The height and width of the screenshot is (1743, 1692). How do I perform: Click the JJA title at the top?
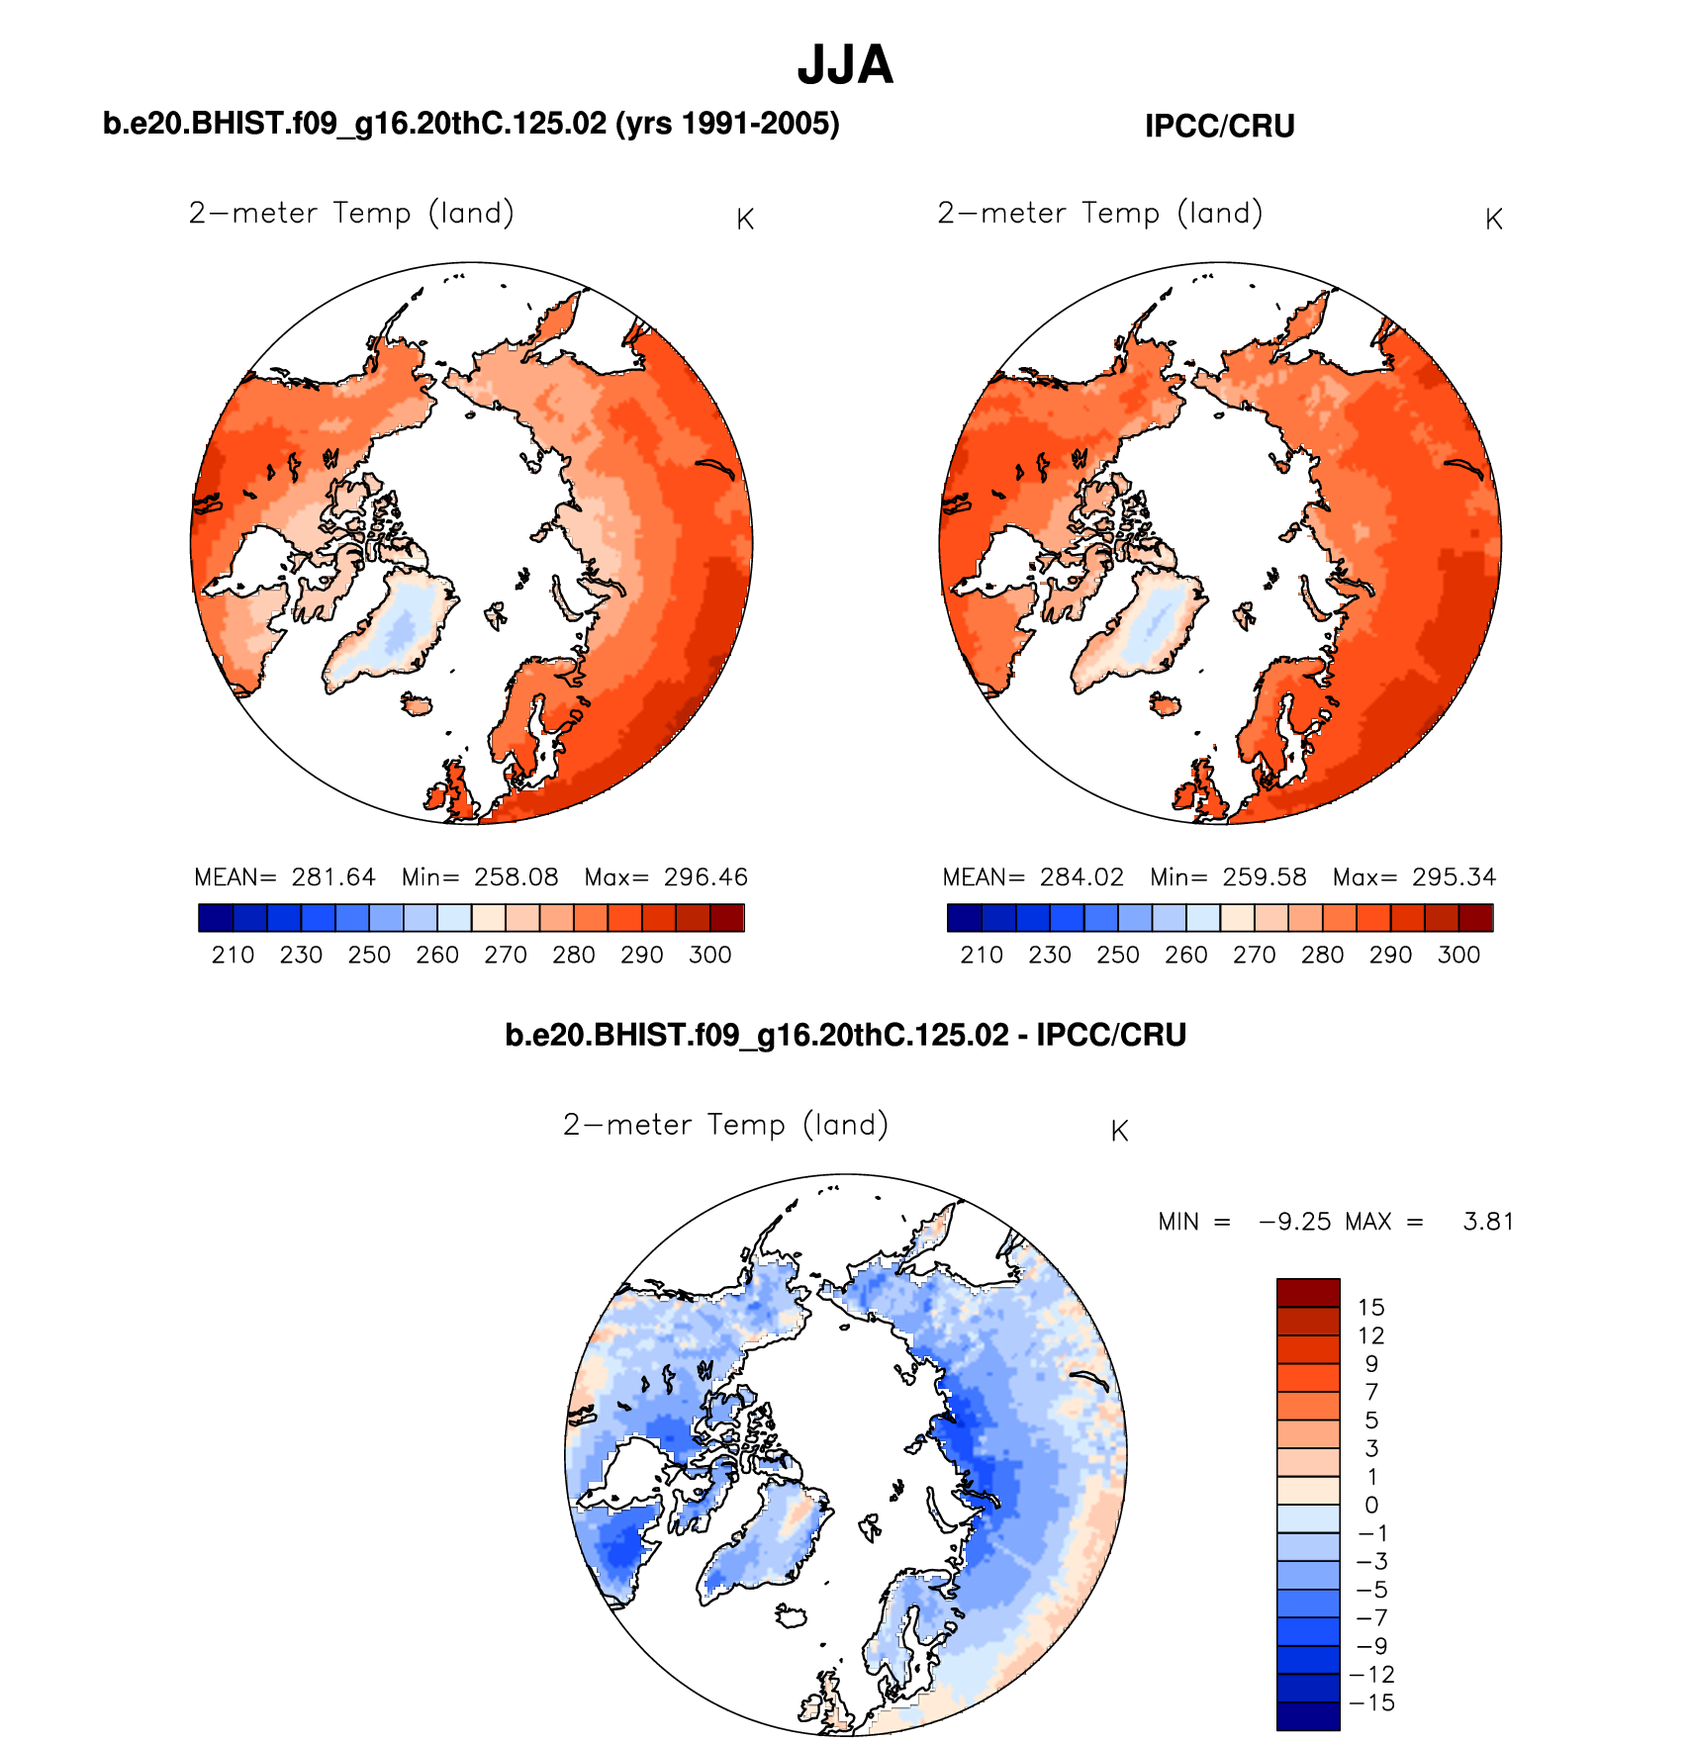click(845, 65)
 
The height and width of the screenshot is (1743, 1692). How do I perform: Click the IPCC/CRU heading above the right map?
click(1219, 127)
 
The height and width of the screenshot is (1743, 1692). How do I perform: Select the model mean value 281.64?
click(333, 877)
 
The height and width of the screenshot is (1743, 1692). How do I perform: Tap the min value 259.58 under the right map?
click(1264, 877)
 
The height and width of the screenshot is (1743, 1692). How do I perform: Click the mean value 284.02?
click(1081, 877)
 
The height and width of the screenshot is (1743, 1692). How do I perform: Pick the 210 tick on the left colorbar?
click(233, 955)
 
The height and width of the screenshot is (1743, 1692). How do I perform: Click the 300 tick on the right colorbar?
click(1458, 955)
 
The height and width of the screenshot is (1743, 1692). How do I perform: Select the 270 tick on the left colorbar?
click(505, 955)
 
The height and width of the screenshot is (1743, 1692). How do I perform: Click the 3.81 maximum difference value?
click(1488, 1222)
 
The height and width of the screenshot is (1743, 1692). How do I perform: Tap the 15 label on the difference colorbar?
click(1370, 1308)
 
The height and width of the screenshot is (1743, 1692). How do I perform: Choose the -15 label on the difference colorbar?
click(1371, 1702)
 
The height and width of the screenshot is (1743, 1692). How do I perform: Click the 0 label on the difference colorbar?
click(1371, 1506)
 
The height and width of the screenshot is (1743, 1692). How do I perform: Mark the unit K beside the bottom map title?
click(1119, 1132)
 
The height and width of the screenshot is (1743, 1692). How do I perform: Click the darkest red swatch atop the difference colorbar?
click(1308, 1293)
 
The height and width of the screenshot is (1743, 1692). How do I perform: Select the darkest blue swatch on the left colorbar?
click(216, 918)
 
